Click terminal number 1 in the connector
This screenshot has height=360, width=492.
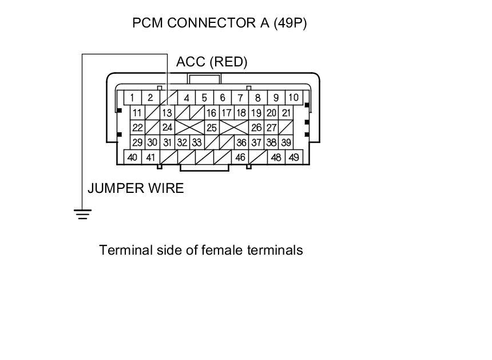click(x=132, y=98)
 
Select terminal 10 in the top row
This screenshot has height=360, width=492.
click(x=293, y=97)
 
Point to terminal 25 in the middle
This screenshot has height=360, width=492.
click(x=212, y=128)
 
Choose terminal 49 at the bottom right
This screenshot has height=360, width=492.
click(x=294, y=157)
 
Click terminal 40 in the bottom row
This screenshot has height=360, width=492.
click(x=133, y=157)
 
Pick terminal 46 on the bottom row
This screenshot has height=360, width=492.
click(x=240, y=157)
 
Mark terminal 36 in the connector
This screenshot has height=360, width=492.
click(x=241, y=143)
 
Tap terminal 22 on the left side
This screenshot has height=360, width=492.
click(x=137, y=128)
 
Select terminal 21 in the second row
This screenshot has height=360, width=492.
click(x=287, y=113)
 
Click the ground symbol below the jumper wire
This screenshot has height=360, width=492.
click(x=82, y=214)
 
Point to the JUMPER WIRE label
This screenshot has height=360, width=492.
click(x=136, y=188)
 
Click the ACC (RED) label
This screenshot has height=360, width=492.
click(x=212, y=62)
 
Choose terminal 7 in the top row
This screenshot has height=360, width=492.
click(x=240, y=97)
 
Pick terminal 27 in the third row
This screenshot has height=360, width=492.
click(x=272, y=128)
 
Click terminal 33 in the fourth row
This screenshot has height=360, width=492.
click(x=196, y=143)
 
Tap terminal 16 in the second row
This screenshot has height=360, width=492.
click(x=211, y=113)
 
